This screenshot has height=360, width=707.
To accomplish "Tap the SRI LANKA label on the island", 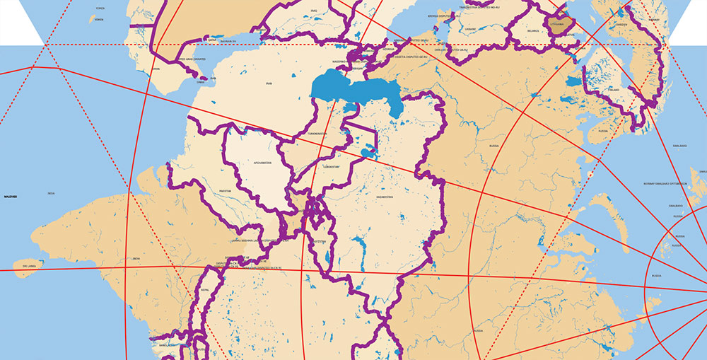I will point(29,266).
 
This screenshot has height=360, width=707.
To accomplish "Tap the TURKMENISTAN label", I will point(312,133).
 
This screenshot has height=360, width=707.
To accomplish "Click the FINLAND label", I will point(612,90).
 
